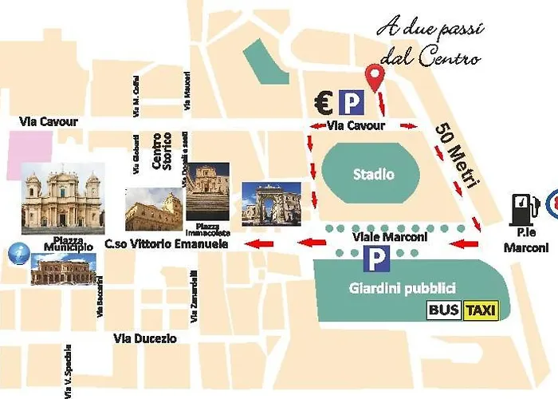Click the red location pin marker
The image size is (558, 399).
point(374,77)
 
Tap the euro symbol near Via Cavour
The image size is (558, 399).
point(323,102)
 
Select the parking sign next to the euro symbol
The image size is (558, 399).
point(350,102)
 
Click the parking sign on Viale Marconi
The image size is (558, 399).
point(375,258)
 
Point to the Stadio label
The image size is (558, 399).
point(374,174)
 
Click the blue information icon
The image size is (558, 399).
point(15,252)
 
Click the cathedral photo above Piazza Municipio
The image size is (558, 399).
point(62,199)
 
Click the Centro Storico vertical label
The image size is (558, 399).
point(162,152)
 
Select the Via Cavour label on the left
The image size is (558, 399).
point(49,122)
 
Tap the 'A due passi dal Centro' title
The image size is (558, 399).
point(430,45)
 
